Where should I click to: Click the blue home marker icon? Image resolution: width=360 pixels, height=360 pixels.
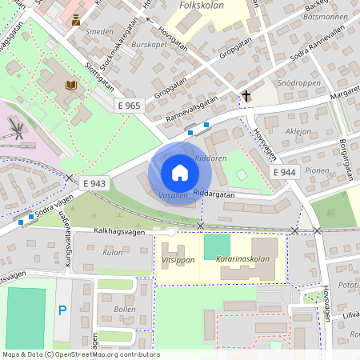coord(179,172)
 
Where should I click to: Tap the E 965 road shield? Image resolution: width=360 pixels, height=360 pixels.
coord(129,106)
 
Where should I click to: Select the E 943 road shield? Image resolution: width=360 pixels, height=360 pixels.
coord(94,183)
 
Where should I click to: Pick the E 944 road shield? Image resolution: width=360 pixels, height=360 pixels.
coord(285,172)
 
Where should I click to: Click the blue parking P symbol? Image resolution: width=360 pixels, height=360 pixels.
coord(62,310)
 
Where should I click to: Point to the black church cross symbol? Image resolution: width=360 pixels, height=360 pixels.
coord(246,97)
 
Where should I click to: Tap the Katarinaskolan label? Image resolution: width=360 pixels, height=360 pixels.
coord(246,259)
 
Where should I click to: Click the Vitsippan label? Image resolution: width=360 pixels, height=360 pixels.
coord(178,260)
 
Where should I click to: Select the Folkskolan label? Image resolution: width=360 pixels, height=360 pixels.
coord(201,5)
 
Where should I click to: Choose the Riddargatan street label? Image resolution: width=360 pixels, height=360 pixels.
coord(214,194)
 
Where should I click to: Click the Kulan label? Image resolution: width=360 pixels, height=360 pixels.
coord(113,252)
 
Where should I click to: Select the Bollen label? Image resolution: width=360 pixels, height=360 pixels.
coord(125,309)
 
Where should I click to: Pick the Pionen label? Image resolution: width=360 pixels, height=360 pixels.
coord(318,170)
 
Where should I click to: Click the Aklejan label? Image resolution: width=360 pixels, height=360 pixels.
coord(298,130)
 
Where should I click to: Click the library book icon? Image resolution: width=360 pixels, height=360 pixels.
coord(70,84)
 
